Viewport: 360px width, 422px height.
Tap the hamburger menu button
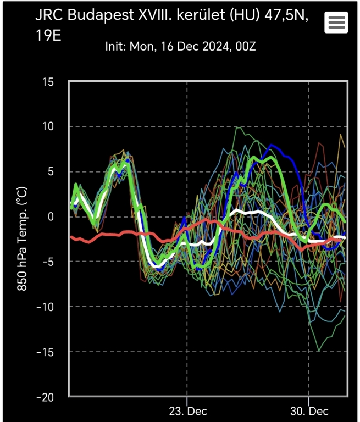336,23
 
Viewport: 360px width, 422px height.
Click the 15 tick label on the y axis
48,82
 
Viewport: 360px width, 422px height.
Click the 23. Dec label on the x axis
187,411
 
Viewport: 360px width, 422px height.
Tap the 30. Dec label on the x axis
309,411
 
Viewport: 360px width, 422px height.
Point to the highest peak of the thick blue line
270,146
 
